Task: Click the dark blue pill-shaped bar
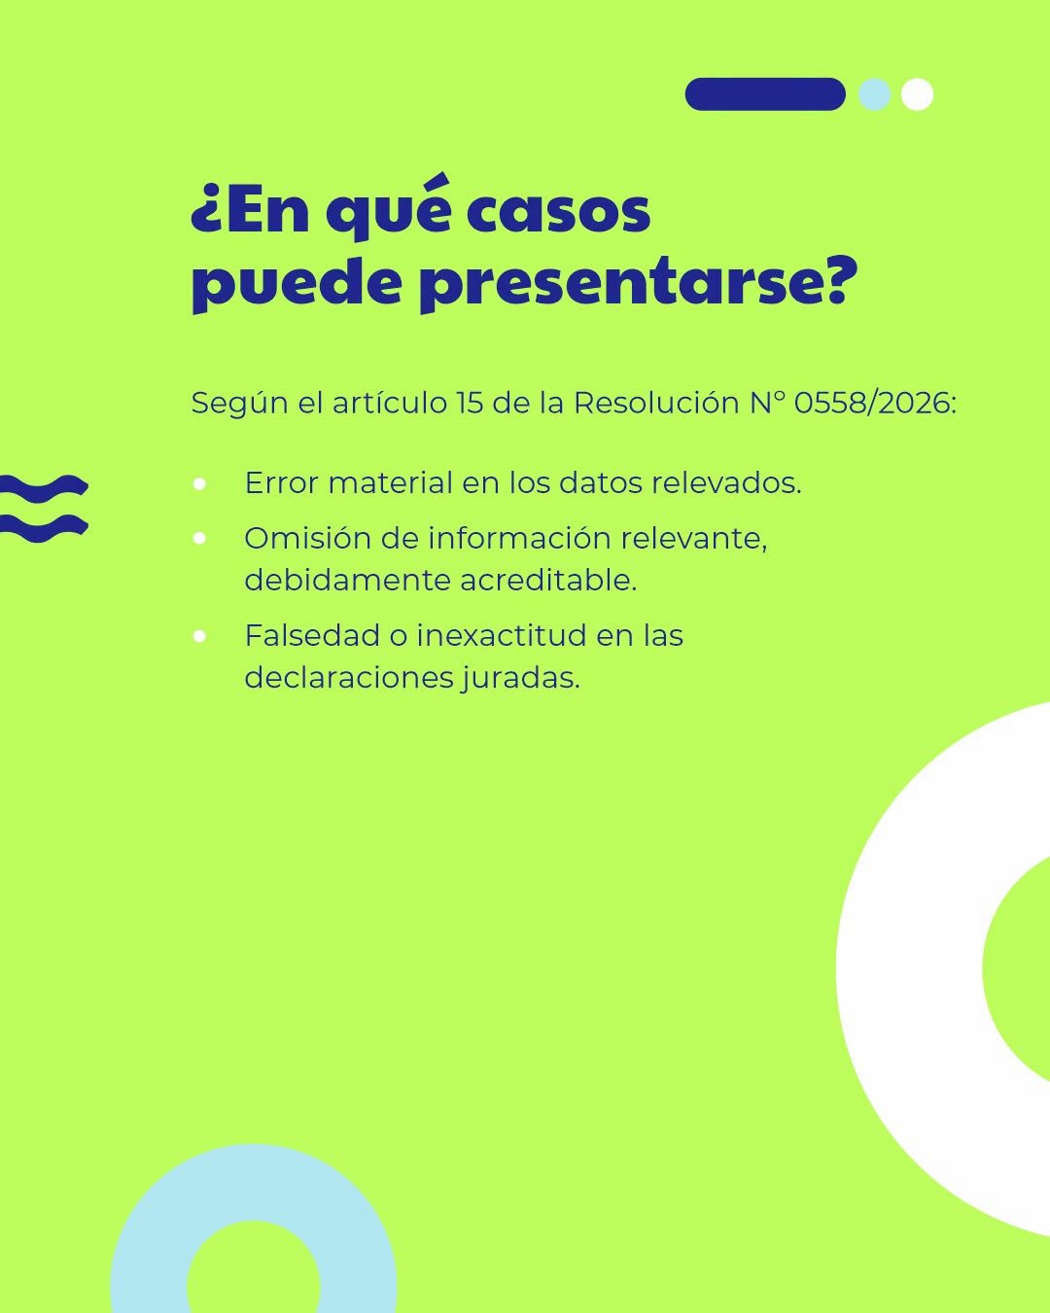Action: (x=765, y=94)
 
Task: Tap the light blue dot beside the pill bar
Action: (x=874, y=94)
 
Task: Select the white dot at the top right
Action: (x=917, y=94)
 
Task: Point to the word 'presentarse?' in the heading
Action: (x=640, y=286)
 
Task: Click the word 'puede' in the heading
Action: (x=297, y=286)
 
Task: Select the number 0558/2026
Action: (x=875, y=404)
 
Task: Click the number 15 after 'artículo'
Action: (x=470, y=404)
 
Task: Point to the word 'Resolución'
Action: (x=656, y=404)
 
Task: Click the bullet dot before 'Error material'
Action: (x=199, y=484)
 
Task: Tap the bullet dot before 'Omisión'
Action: (x=199, y=539)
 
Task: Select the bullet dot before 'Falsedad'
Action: (x=199, y=636)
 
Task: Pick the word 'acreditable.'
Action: (x=548, y=581)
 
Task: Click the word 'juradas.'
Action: (x=520, y=679)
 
